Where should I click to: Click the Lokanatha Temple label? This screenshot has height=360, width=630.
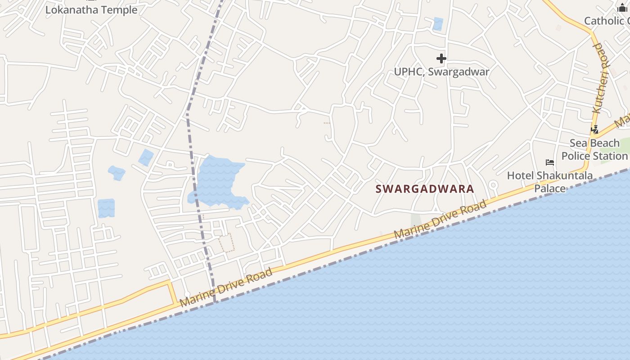coord(91,9)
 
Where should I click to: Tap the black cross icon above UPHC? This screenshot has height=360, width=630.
coord(441,58)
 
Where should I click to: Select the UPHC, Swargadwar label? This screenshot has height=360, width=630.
coord(441,72)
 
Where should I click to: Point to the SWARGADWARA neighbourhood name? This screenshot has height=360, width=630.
coord(425,189)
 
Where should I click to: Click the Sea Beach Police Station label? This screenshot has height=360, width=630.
coord(594,149)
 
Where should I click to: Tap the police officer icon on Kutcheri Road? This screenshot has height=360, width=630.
coord(595,130)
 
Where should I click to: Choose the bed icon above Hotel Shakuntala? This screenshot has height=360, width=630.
coord(549,162)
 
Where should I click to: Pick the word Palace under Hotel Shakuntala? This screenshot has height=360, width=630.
coord(550,188)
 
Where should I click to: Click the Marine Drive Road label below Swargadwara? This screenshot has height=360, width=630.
coord(440,220)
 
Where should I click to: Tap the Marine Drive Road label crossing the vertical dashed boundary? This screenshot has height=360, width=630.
coord(226,287)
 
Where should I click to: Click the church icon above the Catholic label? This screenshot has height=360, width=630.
coord(622,8)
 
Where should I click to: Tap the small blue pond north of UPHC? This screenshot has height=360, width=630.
coord(437,24)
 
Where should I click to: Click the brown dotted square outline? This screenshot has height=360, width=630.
coord(227,243)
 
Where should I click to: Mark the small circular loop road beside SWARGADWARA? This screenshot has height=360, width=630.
coord(493,184)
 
